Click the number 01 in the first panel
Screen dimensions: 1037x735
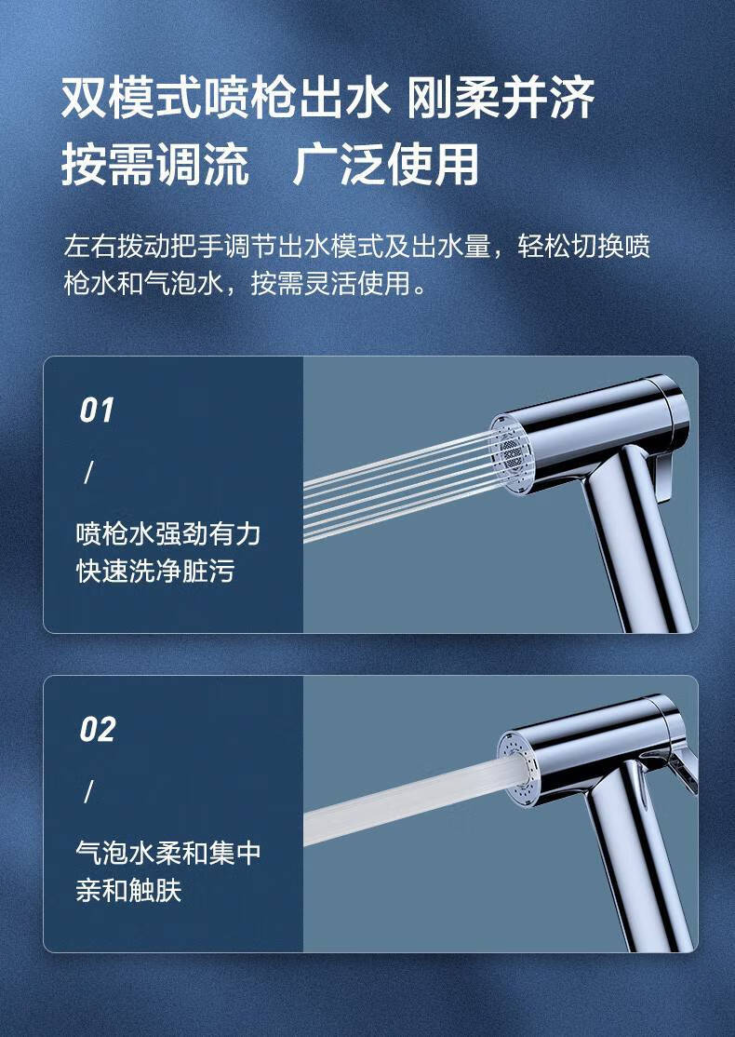[x=96, y=411]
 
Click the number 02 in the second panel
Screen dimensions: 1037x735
[x=97, y=730]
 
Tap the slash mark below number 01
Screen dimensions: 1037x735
[x=89, y=473]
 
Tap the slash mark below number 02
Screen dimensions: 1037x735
[x=89, y=792]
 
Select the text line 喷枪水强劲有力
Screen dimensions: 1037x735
[x=167, y=534]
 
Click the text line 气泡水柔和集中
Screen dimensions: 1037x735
[x=167, y=854]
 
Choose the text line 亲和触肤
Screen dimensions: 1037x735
[x=128, y=891]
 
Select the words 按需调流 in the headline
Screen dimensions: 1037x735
[x=154, y=165]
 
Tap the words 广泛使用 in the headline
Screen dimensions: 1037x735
[x=385, y=165]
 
